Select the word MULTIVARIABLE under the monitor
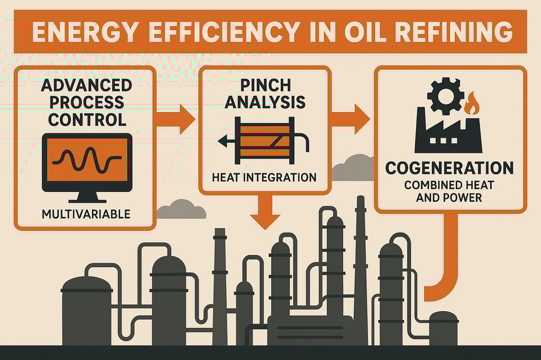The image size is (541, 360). [x=86, y=214]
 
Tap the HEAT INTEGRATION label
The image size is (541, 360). [x=265, y=177]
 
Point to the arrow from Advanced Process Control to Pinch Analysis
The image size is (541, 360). [x=177, y=119]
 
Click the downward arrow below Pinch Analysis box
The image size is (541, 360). [x=265, y=212]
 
